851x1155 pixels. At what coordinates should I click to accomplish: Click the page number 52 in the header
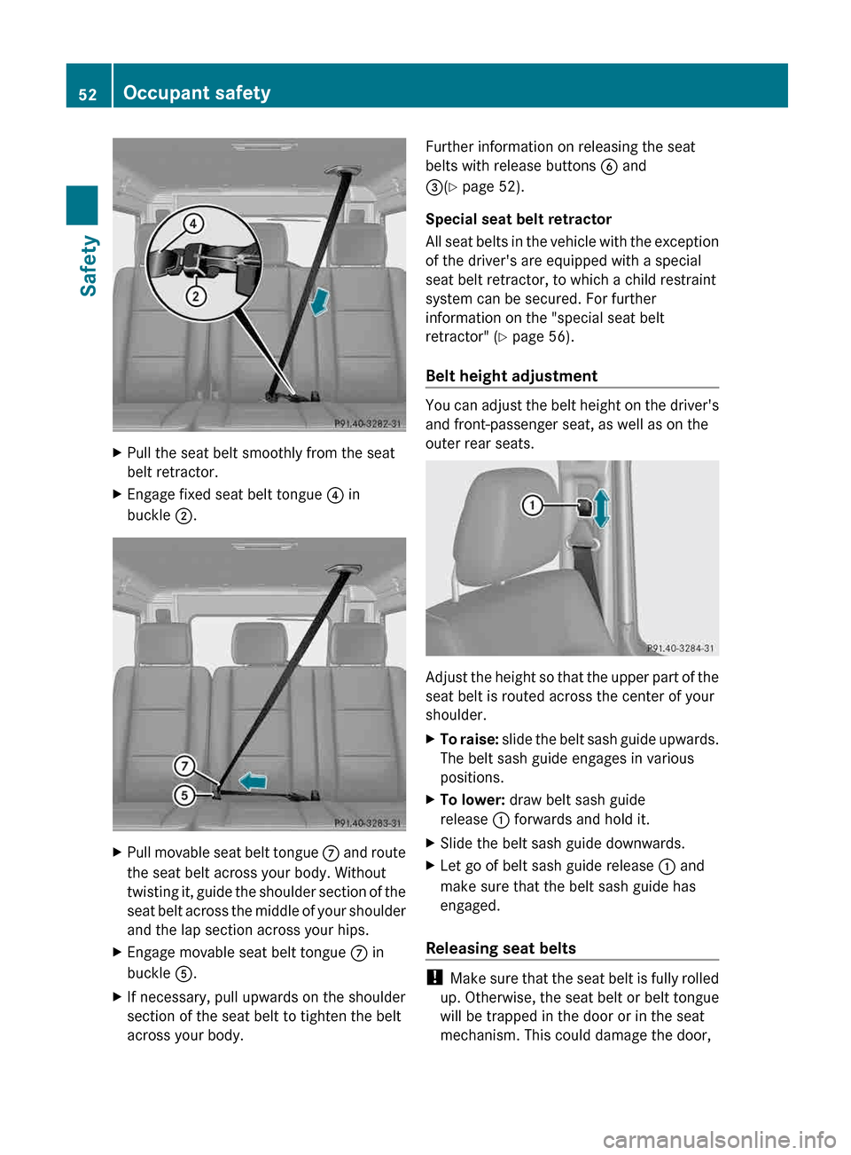(88, 94)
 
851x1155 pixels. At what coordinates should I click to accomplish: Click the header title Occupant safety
(197, 93)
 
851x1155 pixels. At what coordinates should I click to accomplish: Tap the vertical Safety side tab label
(88, 265)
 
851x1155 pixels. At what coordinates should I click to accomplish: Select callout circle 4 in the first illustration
(193, 224)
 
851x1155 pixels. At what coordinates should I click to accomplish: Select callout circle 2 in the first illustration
(196, 296)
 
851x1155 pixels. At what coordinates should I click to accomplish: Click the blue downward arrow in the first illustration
(319, 302)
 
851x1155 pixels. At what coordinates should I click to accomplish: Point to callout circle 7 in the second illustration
(184, 766)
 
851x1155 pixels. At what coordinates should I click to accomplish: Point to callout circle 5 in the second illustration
(184, 795)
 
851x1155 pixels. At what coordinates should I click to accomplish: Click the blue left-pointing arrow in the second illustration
(253, 781)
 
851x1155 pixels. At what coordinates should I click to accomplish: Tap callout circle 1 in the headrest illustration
(532, 506)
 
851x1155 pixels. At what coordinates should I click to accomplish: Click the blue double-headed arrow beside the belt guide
(601, 508)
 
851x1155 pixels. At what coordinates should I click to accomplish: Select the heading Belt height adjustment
(511, 376)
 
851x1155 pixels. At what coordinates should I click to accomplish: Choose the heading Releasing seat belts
(501, 948)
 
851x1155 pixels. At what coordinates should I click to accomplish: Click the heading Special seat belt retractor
(519, 219)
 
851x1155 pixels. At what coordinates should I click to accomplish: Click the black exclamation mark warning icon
(433, 978)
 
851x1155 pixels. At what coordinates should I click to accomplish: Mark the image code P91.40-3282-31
(367, 424)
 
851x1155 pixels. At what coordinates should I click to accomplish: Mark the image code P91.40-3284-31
(681, 648)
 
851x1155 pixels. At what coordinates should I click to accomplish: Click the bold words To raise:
(469, 740)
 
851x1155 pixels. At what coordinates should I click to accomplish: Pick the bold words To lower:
(472, 800)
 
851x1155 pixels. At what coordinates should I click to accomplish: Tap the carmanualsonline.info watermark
(719, 1139)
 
